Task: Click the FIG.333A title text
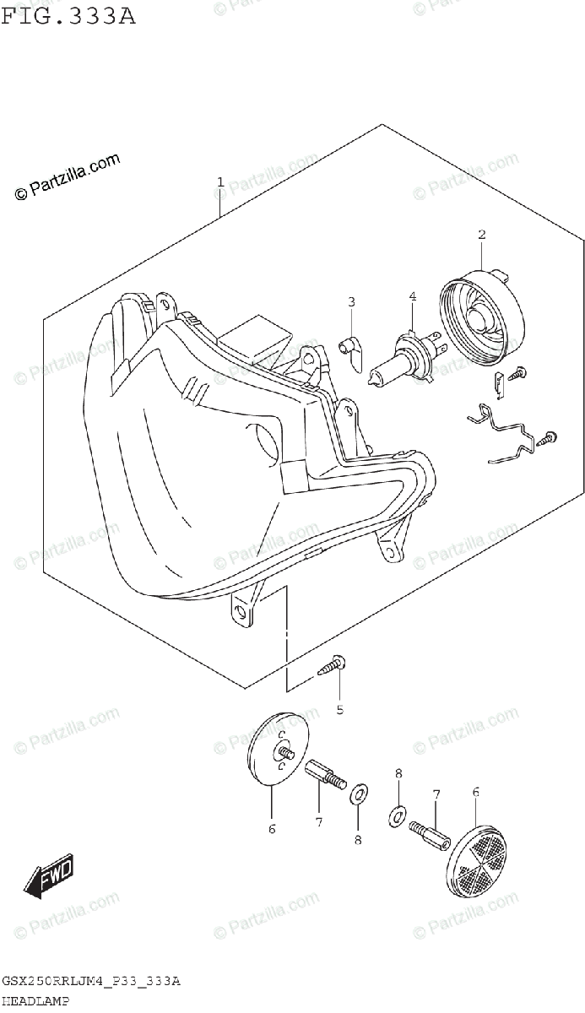point(68,16)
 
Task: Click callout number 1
point(220,181)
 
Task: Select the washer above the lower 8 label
point(358,793)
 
